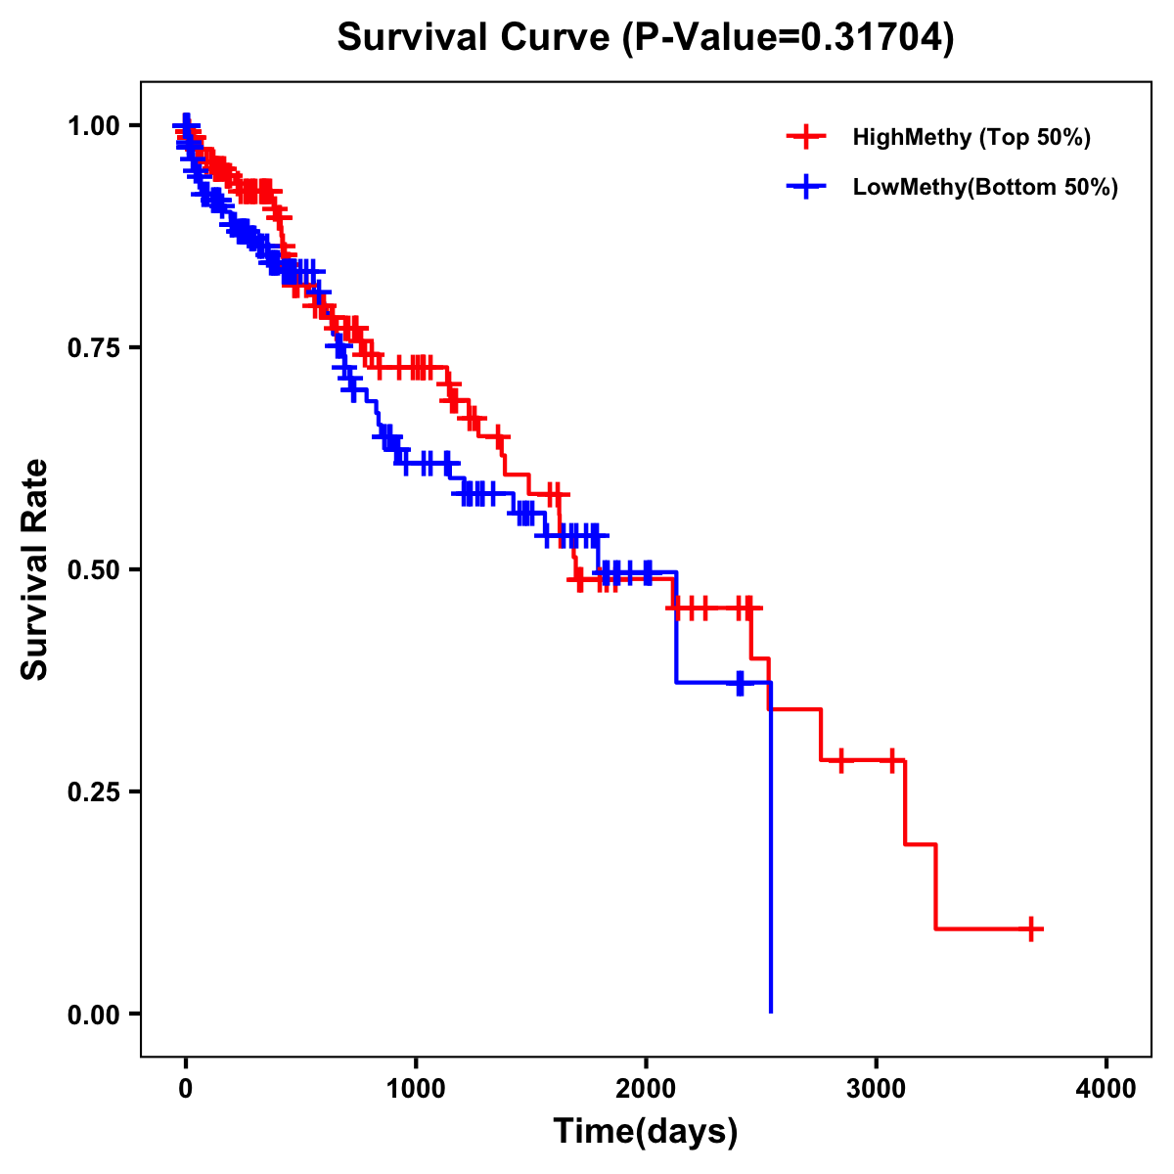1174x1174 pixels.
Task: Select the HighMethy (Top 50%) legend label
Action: pyautogui.click(x=971, y=137)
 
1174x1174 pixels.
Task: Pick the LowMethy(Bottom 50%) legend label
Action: pyautogui.click(x=985, y=187)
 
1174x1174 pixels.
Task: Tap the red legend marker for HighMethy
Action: pyautogui.click(x=806, y=137)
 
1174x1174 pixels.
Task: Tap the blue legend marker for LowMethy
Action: pyautogui.click(x=806, y=187)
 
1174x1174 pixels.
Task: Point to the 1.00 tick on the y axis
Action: pyautogui.click(x=93, y=126)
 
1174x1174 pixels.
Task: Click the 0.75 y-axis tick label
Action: pyautogui.click(x=93, y=348)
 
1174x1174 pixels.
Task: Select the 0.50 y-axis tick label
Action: pyautogui.click(x=93, y=570)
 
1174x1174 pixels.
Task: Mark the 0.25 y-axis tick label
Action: pyautogui.click(x=93, y=792)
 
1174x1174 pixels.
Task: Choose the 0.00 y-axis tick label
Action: pyautogui.click(x=93, y=1015)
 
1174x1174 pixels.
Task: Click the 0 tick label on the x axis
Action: pyautogui.click(x=186, y=1089)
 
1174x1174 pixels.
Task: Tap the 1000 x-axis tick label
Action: pyautogui.click(x=416, y=1089)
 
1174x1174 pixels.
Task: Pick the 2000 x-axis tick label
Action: pyautogui.click(x=646, y=1089)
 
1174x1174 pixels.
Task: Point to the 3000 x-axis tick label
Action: pyautogui.click(x=877, y=1089)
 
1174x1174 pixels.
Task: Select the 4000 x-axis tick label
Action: pyautogui.click(x=1106, y=1089)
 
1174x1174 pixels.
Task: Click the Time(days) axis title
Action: pyautogui.click(x=646, y=1132)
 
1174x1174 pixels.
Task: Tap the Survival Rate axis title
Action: pyautogui.click(x=35, y=569)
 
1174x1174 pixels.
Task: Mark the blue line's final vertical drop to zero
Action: pyautogui.click(x=771, y=851)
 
